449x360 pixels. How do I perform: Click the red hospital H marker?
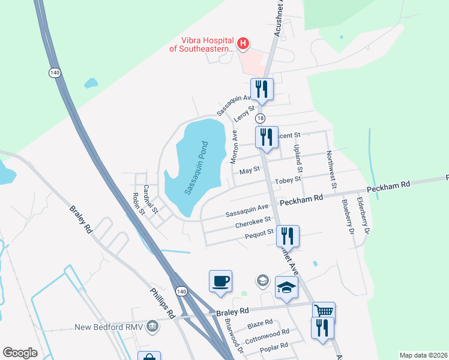243,43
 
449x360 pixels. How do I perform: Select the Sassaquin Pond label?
196,168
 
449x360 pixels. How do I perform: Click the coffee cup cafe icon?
220,281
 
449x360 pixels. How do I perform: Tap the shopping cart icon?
324,311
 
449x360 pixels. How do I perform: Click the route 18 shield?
261,118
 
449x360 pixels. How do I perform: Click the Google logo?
20,352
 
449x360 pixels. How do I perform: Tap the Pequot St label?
259,233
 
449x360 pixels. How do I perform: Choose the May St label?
249,171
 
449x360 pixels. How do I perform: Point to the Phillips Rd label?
161,304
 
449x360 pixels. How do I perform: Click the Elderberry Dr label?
363,214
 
